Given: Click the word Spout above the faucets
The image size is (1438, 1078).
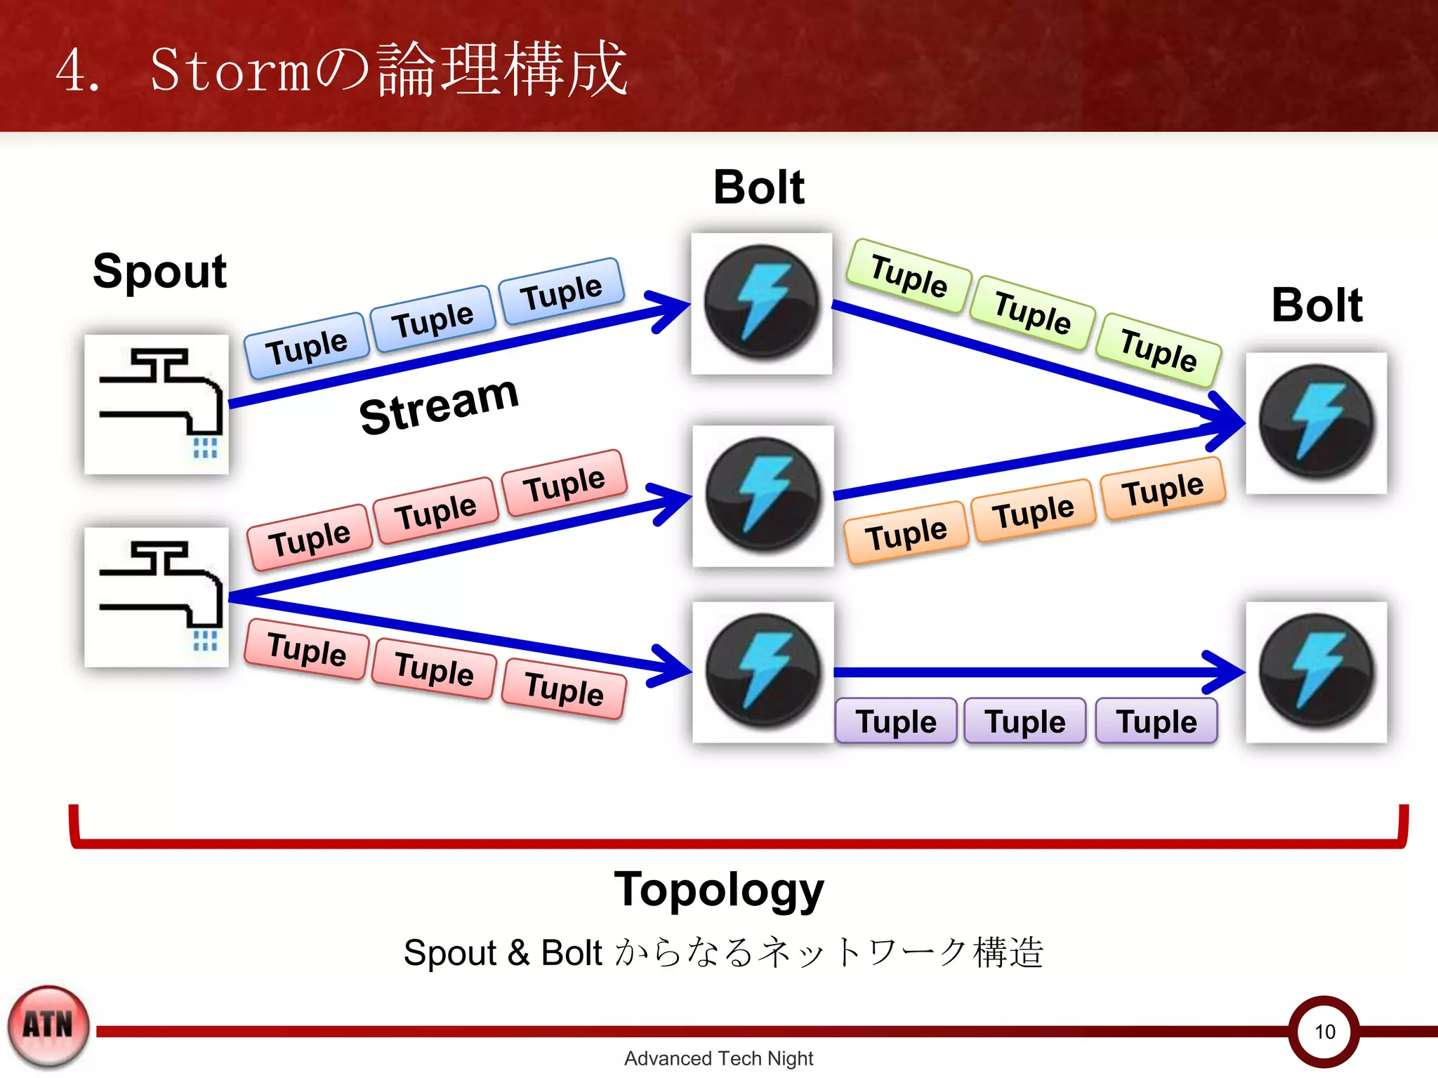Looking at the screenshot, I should click(x=159, y=272).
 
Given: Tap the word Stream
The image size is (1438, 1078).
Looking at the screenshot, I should click(x=439, y=405).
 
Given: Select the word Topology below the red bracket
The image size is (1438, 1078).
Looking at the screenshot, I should click(x=718, y=890).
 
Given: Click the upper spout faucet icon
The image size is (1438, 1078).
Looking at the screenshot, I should click(x=157, y=404).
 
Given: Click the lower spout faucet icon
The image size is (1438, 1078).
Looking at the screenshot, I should click(x=157, y=597).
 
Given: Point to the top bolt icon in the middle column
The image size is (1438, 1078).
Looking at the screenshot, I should click(x=762, y=303).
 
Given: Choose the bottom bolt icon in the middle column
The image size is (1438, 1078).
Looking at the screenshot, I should click(x=763, y=672).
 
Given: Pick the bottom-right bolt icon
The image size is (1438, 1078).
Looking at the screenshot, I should click(x=1317, y=672).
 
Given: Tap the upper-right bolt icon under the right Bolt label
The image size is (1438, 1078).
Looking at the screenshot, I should click(x=1317, y=422).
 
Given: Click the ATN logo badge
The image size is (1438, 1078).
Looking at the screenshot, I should click(x=48, y=1026).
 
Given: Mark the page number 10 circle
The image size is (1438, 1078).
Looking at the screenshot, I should click(x=1324, y=1031).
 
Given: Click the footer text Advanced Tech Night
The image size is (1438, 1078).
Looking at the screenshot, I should click(x=718, y=1058).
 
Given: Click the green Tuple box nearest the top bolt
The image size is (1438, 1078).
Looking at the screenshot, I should click(x=909, y=276).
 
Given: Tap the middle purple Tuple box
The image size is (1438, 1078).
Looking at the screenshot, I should click(x=1025, y=721).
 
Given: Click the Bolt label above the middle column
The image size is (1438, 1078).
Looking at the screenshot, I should click(x=759, y=187).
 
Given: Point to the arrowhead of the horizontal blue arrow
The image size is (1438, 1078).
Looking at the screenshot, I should click(x=1225, y=672).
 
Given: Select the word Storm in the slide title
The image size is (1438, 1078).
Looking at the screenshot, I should click(x=230, y=70).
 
